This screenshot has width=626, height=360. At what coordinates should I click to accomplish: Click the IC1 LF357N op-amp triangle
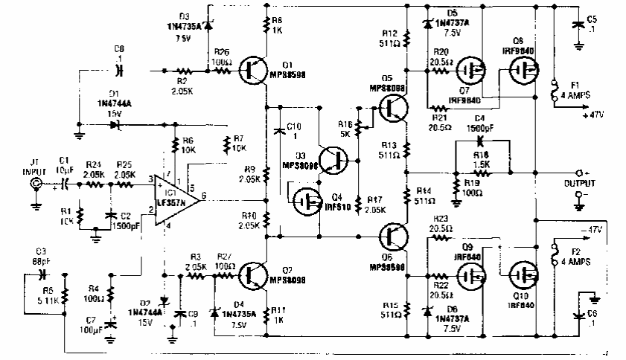[x=179, y=197]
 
